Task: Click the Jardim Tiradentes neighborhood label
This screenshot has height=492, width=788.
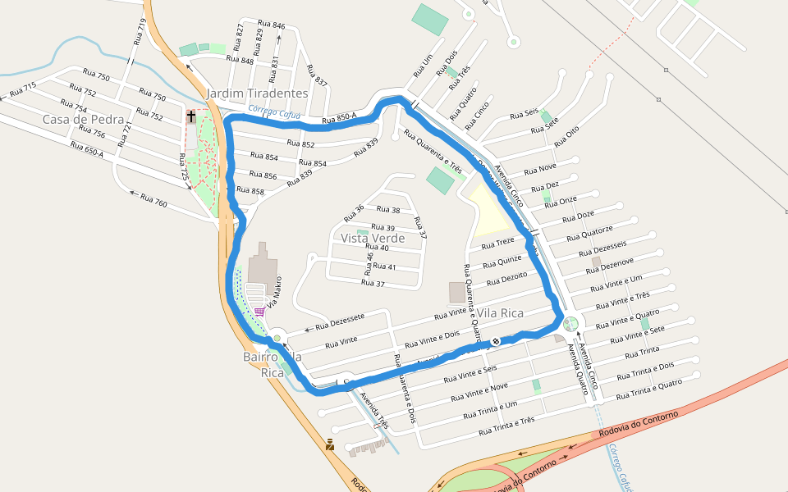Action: [257, 93]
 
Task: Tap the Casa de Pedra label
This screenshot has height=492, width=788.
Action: [77, 120]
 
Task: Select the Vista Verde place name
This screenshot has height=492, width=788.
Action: [373, 238]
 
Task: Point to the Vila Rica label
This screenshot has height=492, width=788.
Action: [501, 313]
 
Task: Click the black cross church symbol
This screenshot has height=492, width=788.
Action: [191, 116]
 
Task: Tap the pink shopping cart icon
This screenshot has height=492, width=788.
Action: [260, 312]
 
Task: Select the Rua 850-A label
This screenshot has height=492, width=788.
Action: [339, 120]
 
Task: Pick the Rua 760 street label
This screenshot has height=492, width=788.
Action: [153, 200]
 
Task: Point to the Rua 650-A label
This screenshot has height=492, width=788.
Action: [87, 150]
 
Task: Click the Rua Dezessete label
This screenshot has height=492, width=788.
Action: [339, 321]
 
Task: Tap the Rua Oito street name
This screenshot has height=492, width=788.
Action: [566, 136]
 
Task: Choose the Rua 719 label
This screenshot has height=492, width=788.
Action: [140, 33]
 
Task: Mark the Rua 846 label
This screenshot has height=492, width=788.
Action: [271, 25]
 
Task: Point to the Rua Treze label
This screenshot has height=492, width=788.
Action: [497, 244]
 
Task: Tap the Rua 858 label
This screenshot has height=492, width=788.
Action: [250, 190]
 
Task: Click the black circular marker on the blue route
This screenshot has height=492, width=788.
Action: [496, 341]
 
